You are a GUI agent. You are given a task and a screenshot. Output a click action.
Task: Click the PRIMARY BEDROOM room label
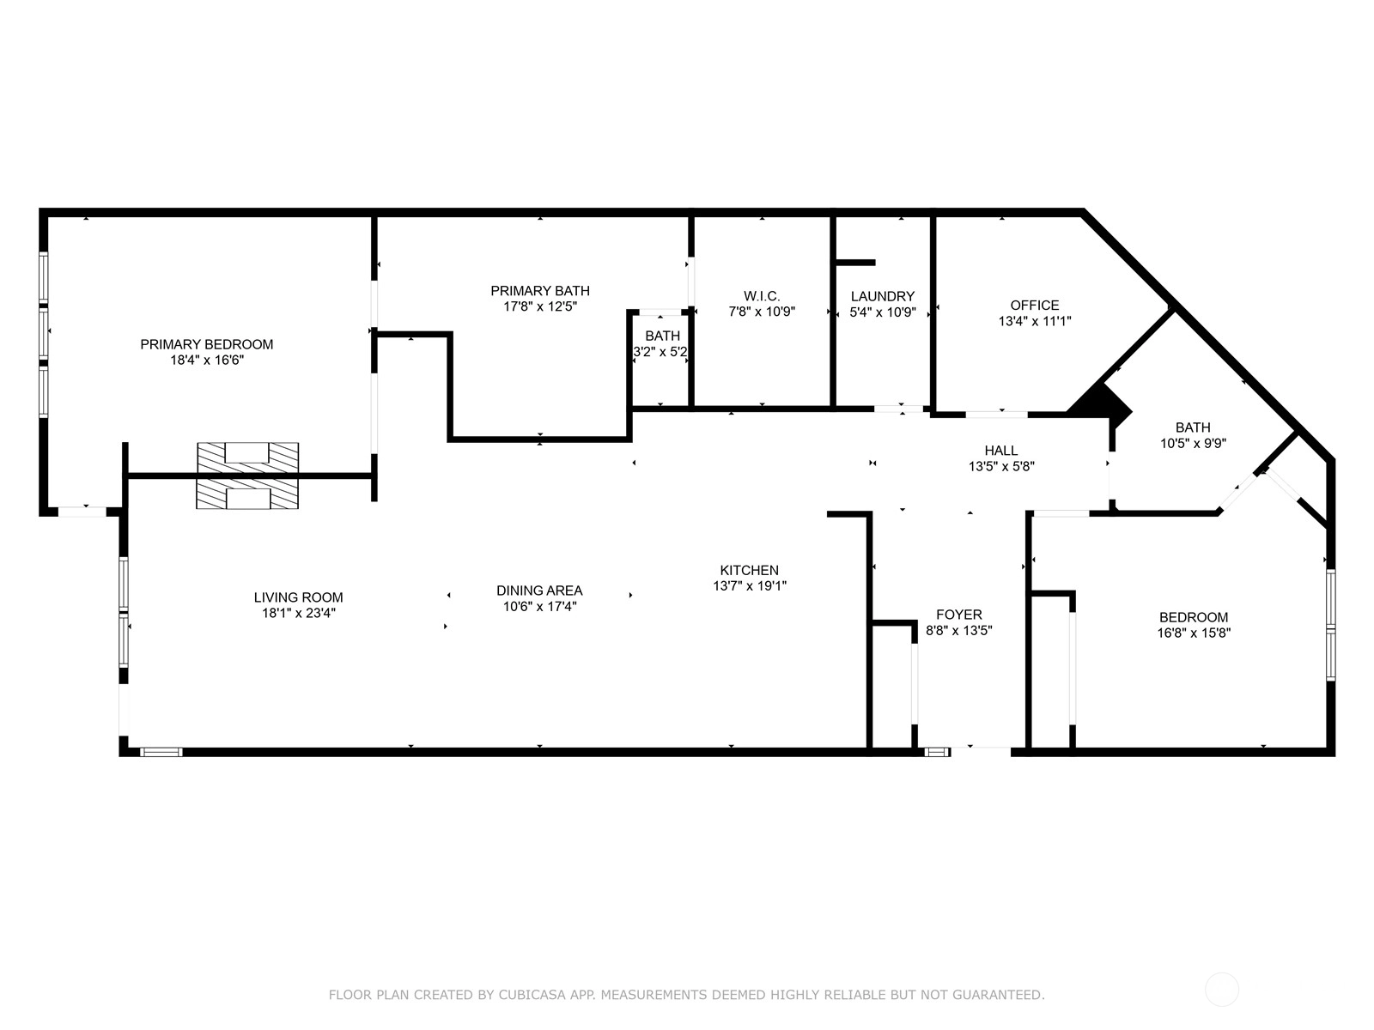207,344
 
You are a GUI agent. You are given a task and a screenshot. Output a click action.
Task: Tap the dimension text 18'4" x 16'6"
207,360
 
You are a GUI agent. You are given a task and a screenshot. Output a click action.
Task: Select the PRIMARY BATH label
539,291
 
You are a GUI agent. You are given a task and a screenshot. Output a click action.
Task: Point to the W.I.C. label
762,296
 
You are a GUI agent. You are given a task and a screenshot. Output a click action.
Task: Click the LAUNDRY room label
883,296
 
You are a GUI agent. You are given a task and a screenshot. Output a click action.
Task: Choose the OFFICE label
1035,306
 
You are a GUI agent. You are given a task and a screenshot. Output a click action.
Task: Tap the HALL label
1001,451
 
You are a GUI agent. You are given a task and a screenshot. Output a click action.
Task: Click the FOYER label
959,615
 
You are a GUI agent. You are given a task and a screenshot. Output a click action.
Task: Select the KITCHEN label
750,570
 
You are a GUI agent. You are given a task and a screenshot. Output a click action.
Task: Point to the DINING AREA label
539,591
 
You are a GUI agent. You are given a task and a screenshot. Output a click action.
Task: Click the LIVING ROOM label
299,597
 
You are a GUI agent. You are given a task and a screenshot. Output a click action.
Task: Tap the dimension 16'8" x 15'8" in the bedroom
1194,633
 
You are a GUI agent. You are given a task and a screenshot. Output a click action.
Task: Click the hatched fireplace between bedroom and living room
247,476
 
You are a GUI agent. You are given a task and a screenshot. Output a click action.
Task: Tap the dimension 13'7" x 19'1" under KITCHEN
750,586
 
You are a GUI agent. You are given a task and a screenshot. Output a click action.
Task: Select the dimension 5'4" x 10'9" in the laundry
883,312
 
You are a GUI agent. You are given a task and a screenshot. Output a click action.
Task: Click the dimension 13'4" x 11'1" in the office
1035,321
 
